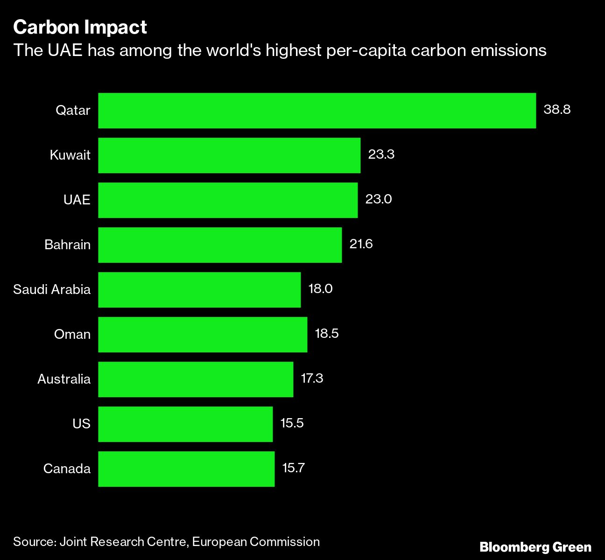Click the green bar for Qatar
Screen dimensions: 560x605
pos(317,111)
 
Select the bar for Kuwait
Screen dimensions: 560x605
pos(229,155)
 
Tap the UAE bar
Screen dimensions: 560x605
pos(228,200)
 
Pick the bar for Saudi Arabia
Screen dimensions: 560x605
pos(199,290)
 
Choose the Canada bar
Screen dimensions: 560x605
pos(186,469)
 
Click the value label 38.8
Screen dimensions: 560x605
pos(557,110)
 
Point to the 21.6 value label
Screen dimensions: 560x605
pos(361,244)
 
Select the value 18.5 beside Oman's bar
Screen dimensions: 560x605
pos(327,334)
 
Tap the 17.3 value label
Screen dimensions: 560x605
pos(312,378)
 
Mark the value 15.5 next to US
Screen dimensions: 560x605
pos(292,423)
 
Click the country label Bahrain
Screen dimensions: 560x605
pos(67,245)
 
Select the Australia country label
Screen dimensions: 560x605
pos(64,379)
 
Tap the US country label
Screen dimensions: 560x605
pos(81,424)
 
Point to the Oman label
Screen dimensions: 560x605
pos(72,334)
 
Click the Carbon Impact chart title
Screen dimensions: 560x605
pos(80,28)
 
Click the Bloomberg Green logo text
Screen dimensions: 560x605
pos(535,547)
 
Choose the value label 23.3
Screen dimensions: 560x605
pos(381,154)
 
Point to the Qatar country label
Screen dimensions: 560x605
pos(73,111)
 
